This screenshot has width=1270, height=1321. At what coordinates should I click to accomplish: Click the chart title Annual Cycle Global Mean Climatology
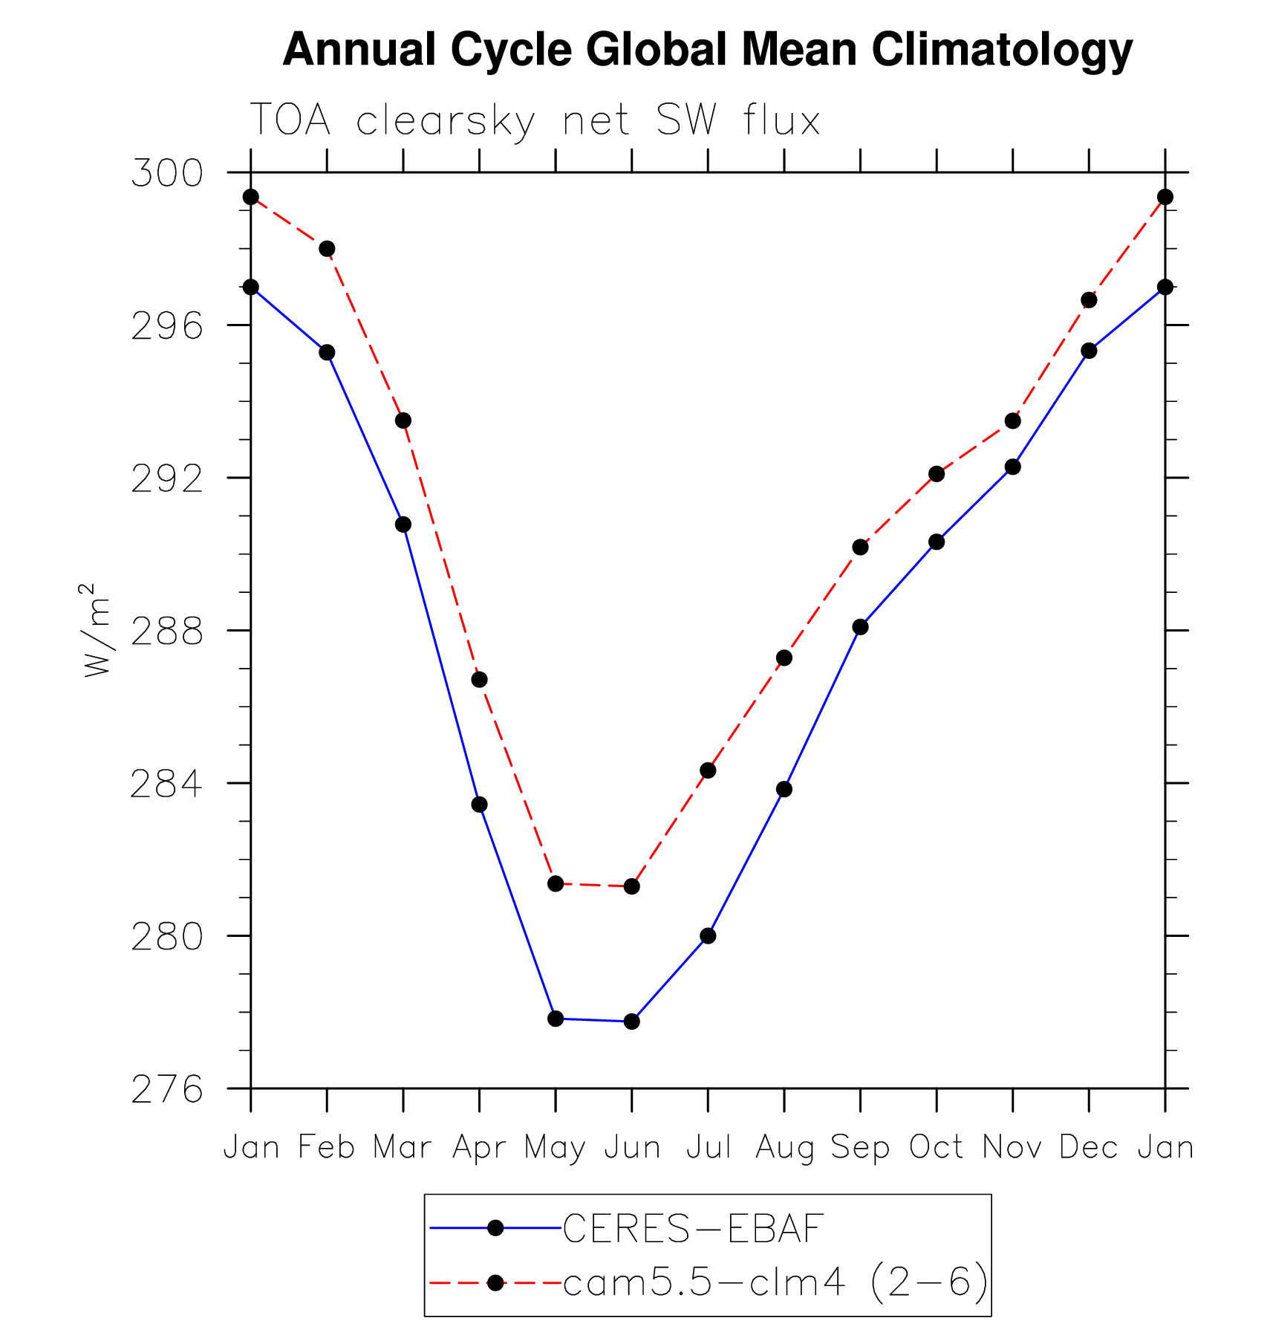click(x=707, y=51)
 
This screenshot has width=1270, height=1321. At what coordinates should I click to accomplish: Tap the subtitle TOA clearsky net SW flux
click(x=535, y=120)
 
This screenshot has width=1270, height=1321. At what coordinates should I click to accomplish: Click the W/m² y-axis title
click(x=97, y=630)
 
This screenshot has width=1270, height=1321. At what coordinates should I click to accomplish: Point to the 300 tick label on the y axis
click(x=166, y=173)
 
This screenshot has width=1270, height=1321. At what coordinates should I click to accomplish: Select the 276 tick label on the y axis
click(x=166, y=1090)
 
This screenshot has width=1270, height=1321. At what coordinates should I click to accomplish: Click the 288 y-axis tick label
click(x=166, y=632)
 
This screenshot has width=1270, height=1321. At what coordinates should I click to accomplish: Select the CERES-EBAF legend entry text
click(x=693, y=1229)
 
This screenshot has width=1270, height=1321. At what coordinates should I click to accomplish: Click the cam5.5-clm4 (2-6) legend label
click(x=775, y=1282)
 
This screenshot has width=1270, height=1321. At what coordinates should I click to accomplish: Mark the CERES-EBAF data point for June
click(x=632, y=1022)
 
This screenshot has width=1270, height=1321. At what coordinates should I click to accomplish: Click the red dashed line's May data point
click(x=556, y=883)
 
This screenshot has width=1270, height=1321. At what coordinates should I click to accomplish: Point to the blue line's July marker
click(x=708, y=936)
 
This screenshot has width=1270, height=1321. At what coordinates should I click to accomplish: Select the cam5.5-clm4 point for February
click(x=327, y=249)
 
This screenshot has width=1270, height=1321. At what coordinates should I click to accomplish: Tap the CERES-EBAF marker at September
click(x=860, y=627)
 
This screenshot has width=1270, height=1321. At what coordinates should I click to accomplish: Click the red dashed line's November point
click(x=1012, y=421)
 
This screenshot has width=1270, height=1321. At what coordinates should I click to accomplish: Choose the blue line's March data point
click(x=403, y=525)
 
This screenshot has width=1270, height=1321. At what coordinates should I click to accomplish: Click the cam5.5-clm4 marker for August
click(x=784, y=658)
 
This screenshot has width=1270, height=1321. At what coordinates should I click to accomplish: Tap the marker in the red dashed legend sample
click(x=495, y=1282)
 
